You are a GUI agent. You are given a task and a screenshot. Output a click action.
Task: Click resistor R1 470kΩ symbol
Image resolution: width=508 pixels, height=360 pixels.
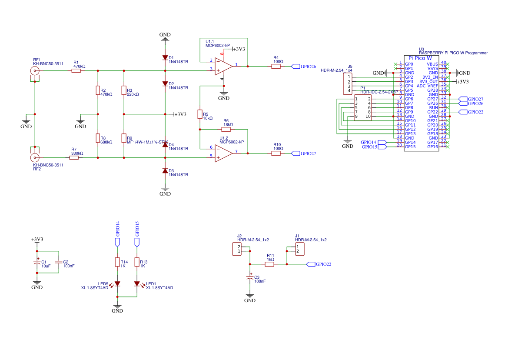tap(76, 70)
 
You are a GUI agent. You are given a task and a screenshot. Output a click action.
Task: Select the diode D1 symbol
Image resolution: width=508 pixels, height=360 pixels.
tap(165, 57)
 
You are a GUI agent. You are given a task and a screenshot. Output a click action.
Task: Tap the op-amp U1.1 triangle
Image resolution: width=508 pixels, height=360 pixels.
tap(223, 66)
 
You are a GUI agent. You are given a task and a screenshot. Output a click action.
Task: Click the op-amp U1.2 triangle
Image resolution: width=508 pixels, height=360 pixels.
tap(223, 153)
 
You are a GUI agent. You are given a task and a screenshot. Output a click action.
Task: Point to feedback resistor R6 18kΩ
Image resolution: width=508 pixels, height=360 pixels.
tap(226, 129)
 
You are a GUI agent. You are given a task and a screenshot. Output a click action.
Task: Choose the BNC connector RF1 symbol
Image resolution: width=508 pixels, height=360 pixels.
tap(35, 70)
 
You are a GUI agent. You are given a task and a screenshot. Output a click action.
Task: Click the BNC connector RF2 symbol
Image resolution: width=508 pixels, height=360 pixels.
tap(35, 157)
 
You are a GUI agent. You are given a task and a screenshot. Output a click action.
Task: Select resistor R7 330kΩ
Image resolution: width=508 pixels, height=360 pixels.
tap(74, 157)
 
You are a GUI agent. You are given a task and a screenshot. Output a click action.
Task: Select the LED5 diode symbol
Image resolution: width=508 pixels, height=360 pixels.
tap(117, 284)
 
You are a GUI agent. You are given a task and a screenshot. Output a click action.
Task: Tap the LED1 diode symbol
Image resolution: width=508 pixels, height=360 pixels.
tap(137, 284)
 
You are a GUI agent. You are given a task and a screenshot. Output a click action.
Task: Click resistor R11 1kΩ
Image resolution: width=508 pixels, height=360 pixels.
tap(270, 264)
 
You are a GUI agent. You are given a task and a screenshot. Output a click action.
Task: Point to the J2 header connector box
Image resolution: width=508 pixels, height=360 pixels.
tap(239, 249)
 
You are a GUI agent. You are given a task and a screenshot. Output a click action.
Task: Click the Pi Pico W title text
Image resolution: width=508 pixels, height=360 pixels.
tap(420, 58)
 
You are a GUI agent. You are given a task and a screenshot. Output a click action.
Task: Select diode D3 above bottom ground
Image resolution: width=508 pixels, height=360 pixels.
tap(165, 171)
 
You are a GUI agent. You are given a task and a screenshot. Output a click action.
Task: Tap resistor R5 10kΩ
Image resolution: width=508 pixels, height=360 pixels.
tap(200, 114)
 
